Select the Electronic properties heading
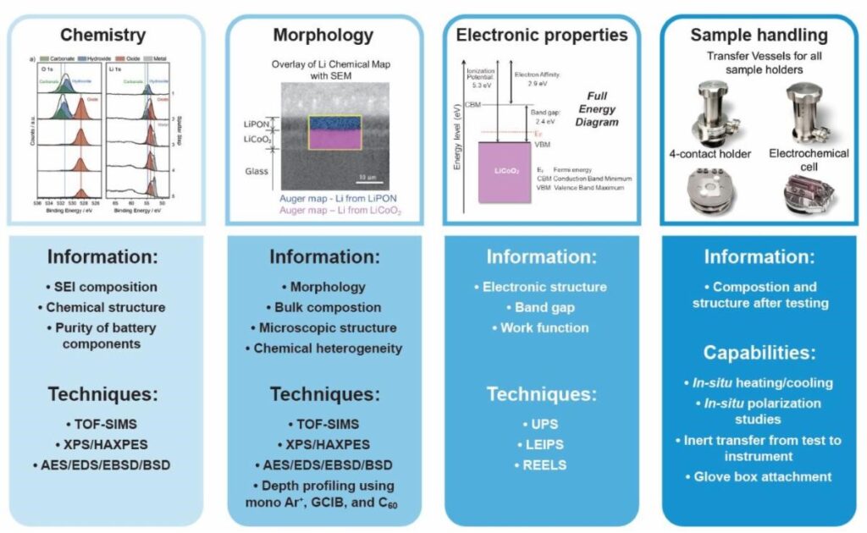(x=542, y=36)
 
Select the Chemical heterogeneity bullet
(x=323, y=348)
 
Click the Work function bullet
(x=545, y=327)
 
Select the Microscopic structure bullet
(x=323, y=327)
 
